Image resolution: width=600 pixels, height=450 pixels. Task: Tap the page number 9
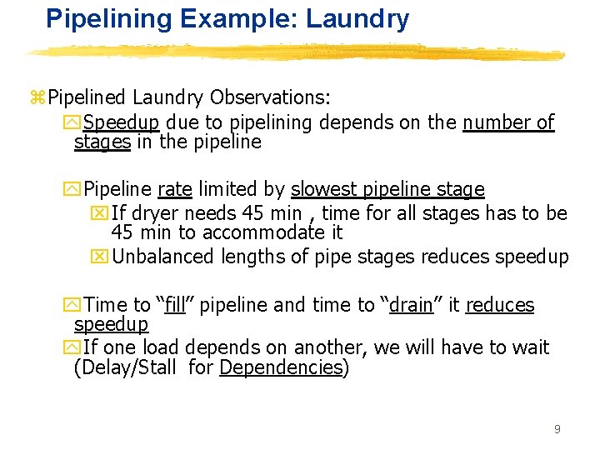coord(557,429)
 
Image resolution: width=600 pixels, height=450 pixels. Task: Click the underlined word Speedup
coord(121,122)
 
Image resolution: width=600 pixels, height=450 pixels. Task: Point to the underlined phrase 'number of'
coord(508,122)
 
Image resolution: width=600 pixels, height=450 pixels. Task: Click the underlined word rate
coord(174,190)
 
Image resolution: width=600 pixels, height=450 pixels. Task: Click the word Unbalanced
coord(163,257)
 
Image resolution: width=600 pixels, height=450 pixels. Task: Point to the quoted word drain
coord(411,305)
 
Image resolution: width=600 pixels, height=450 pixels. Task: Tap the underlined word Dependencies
coord(281,367)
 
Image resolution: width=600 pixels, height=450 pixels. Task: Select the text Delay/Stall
coord(129,367)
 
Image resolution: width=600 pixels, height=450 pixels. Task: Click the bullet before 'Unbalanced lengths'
coord(100,257)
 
